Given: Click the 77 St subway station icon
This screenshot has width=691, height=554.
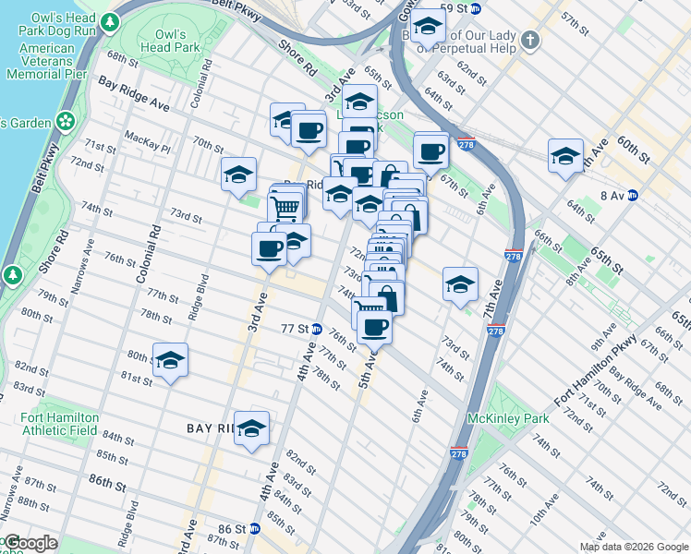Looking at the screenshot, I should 316,329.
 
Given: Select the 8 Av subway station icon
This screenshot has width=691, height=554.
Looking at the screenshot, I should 633,195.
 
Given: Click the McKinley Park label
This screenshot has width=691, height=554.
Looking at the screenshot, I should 509,418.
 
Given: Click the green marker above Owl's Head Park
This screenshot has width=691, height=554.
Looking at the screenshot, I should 112,21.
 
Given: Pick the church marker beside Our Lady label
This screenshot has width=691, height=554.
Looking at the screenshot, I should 529,40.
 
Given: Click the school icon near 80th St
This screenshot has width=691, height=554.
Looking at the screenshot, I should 170,361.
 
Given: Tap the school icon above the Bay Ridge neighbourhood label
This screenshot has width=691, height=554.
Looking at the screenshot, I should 251,428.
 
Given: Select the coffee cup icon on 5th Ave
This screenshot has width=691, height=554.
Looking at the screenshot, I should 374,327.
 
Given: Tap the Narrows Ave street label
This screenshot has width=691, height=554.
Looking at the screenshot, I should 89,262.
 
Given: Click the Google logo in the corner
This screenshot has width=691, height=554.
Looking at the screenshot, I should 30,543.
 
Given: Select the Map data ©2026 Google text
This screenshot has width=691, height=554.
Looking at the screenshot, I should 633,547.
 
